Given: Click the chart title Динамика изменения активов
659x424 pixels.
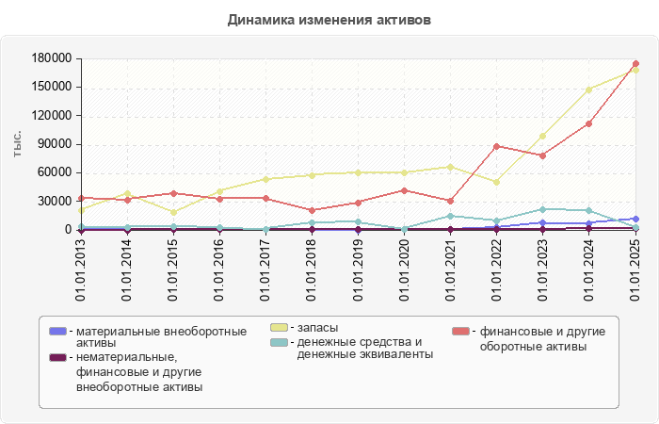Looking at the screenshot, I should point(329,19).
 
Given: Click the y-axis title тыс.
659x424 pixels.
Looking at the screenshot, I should point(17,143).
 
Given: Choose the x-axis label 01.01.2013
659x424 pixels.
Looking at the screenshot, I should point(81,269).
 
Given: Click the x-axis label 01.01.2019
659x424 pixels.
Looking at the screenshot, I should point(359,269).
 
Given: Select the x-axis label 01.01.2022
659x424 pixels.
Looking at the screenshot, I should point(497,269).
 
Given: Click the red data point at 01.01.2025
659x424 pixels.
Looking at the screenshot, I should point(635,64).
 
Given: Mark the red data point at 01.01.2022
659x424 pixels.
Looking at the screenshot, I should point(497,146).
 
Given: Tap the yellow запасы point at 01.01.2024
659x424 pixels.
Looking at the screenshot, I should point(589,90).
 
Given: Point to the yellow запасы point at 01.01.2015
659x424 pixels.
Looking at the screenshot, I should point(173,212).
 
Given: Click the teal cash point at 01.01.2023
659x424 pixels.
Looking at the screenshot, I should point(543,209).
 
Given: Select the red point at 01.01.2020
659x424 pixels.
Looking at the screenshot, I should point(405,190).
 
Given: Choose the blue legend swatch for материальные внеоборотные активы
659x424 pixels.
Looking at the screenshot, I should point(58,331).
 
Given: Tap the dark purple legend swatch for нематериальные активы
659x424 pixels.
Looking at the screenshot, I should point(58,357).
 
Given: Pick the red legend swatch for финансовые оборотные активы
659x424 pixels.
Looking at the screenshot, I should point(460,331).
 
